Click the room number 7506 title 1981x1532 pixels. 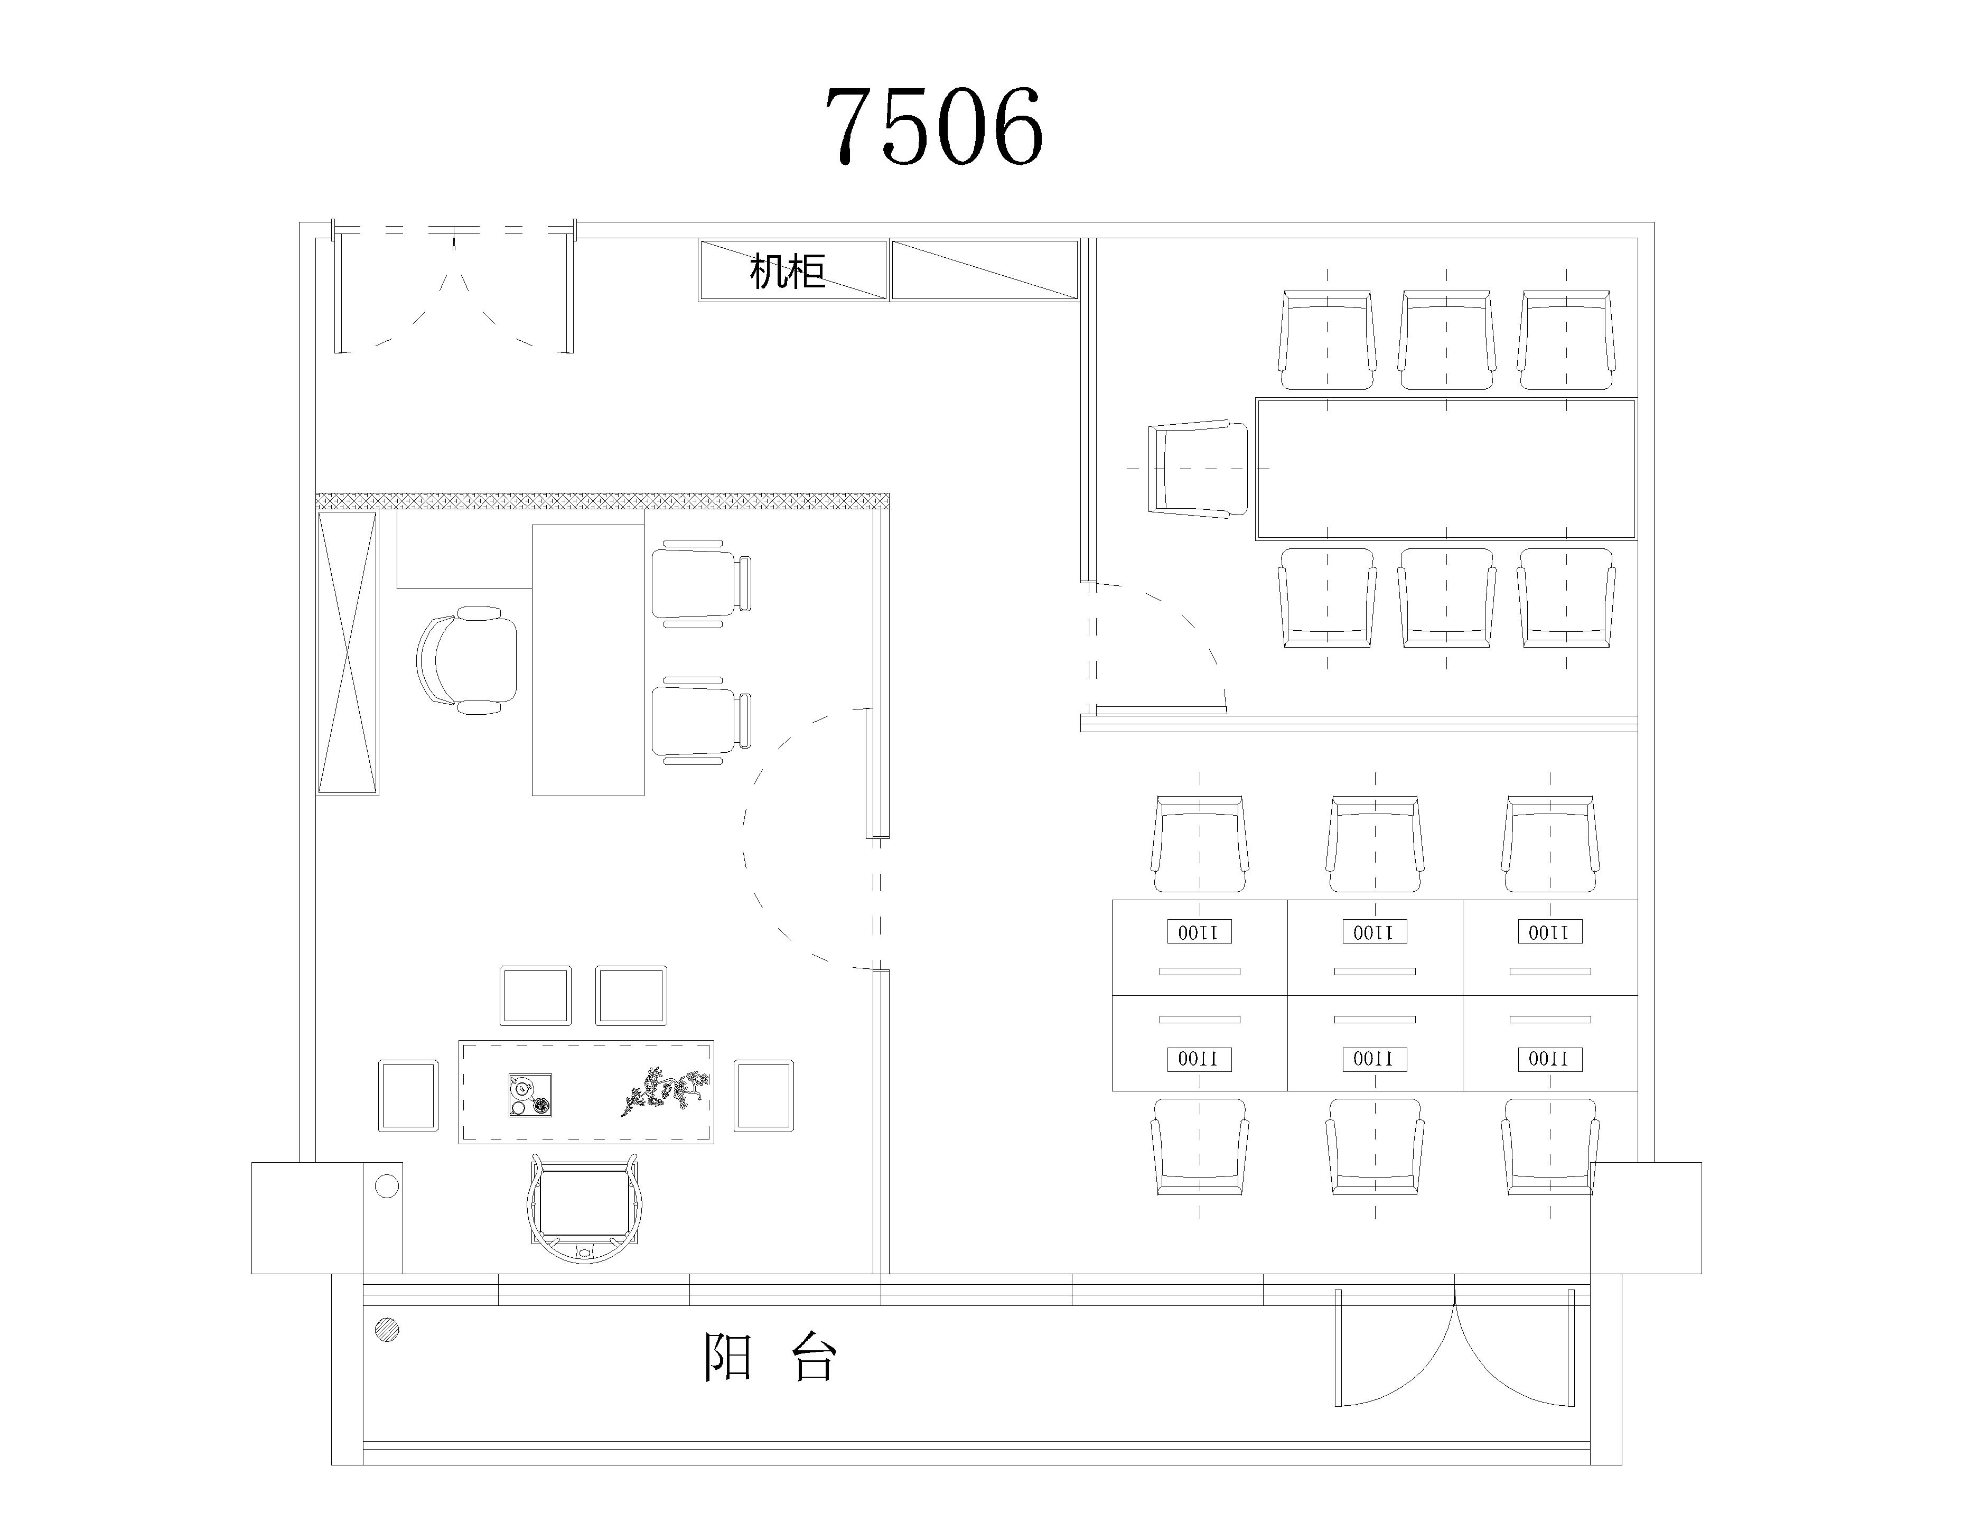[935, 127]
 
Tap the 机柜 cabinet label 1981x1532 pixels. [787, 270]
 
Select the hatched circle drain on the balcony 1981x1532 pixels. [387, 1330]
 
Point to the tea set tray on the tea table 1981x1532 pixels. [530, 1095]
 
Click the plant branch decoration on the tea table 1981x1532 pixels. [665, 1091]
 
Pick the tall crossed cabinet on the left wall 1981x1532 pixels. [348, 653]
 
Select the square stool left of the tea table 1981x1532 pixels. [408, 1096]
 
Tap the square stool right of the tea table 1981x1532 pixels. [764, 1096]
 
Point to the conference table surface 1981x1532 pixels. [1446, 469]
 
